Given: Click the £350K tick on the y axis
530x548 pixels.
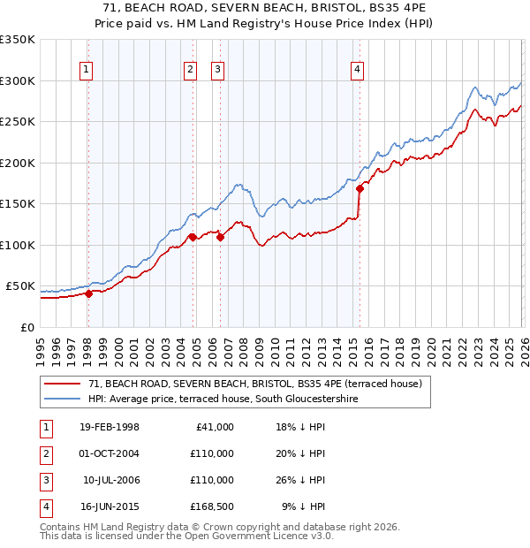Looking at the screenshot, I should coord(18,40).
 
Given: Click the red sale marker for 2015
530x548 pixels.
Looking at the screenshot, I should coord(360,188).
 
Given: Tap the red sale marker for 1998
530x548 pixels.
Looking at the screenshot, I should coord(88,294).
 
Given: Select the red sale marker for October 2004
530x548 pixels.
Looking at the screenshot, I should coord(192,237).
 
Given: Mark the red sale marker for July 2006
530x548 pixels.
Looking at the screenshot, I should coord(220,237).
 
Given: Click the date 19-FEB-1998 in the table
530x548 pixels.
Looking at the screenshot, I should coord(109,427).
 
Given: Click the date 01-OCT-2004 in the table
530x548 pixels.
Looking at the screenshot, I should coord(109,453).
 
